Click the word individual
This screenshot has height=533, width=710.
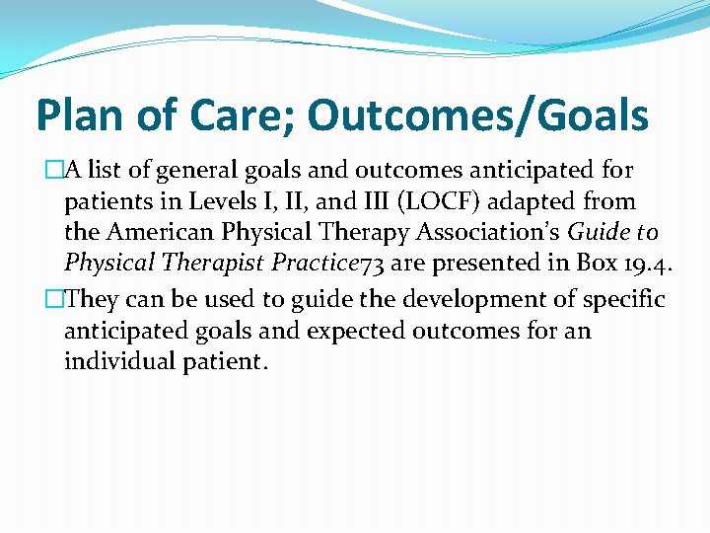pos(118,362)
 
